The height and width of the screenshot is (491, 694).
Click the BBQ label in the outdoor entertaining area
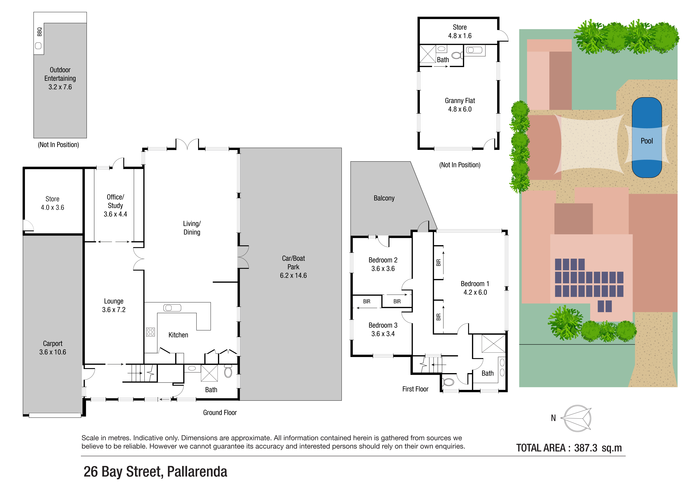pos(39,32)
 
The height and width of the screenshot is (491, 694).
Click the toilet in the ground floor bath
pos(228,371)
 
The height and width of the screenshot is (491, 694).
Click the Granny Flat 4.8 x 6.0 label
pos(460,105)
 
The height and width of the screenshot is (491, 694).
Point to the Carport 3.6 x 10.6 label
pos(53,348)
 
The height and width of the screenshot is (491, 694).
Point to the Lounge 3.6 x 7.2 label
pos(114,305)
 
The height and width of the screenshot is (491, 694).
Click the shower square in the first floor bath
pos(493,343)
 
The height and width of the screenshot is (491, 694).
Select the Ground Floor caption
pos(220,413)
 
